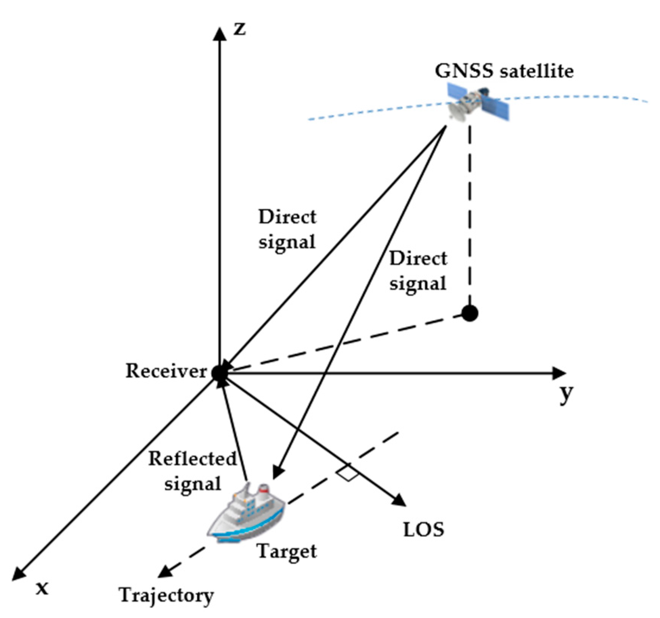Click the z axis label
click(x=239, y=29)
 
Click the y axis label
click(x=566, y=394)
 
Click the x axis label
click(x=42, y=588)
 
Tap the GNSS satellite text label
click(x=504, y=71)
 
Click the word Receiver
click(x=166, y=371)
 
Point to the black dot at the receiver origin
click(x=219, y=373)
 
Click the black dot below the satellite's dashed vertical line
click(x=470, y=313)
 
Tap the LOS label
click(x=424, y=529)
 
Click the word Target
click(x=287, y=551)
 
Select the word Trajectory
click(x=166, y=596)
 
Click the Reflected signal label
click(x=192, y=471)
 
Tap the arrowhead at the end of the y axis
click(x=560, y=373)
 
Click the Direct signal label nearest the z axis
click(x=287, y=229)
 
